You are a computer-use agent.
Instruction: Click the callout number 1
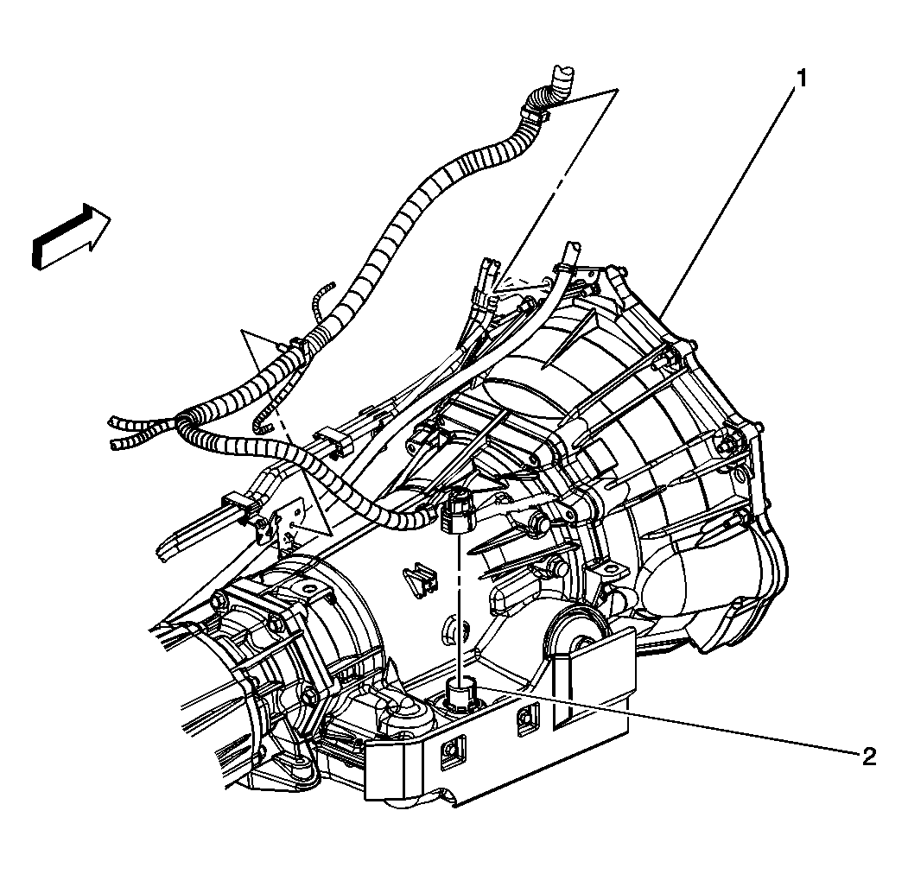(x=802, y=79)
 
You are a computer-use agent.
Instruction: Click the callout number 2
(x=868, y=757)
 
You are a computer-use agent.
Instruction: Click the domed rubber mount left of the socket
(x=403, y=713)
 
